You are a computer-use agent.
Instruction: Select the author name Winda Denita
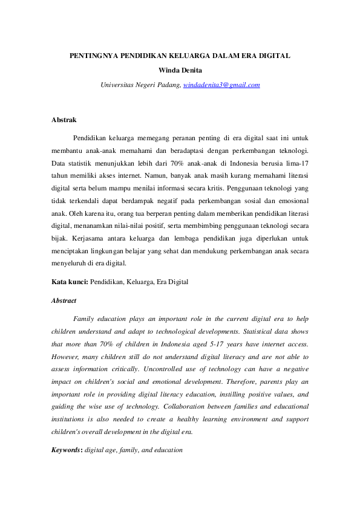[180, 70]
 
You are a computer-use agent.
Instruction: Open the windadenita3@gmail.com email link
[221, 85]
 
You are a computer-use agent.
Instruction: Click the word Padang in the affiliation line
[167, 85]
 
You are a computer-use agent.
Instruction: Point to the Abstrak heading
[64, 120]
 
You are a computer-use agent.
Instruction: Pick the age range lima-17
[295, 163]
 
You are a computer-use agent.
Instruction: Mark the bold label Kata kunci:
[70, 281]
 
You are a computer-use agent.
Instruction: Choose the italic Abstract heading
[64, 300]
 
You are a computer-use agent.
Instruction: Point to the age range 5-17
[217, 343]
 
